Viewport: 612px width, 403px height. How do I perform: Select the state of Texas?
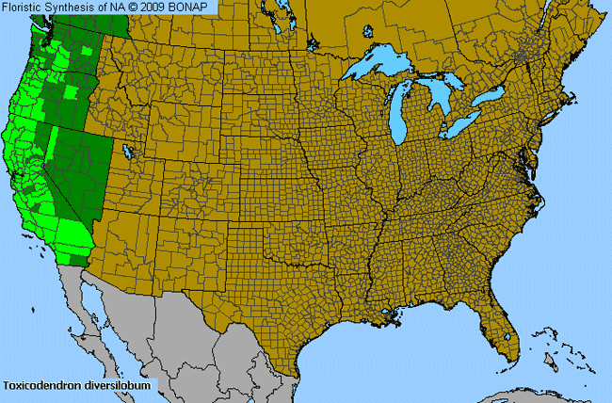pos(282,301)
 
